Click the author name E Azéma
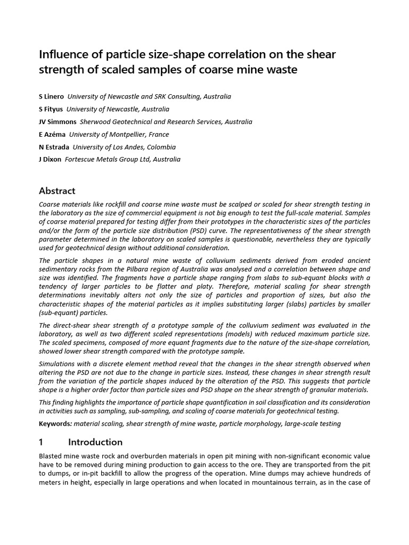(52, 134)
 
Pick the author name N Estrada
(54, 147)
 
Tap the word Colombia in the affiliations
(161, 147)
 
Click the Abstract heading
(58, 191)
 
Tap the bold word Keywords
(55, 424)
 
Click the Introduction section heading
(95, 442)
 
